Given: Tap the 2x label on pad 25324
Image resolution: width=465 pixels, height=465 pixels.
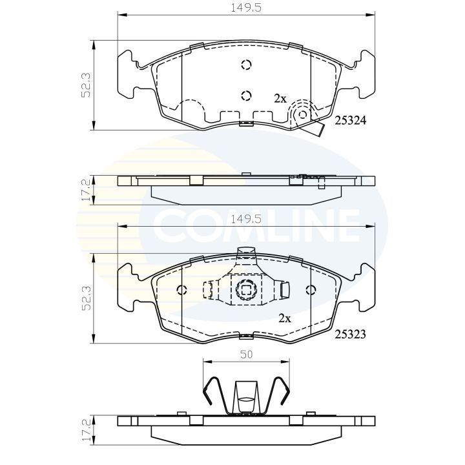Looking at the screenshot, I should coord(280,98).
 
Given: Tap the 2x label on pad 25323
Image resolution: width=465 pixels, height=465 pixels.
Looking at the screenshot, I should coord(284,318).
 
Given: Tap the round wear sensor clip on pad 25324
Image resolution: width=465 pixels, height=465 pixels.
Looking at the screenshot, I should coord(302,114).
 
